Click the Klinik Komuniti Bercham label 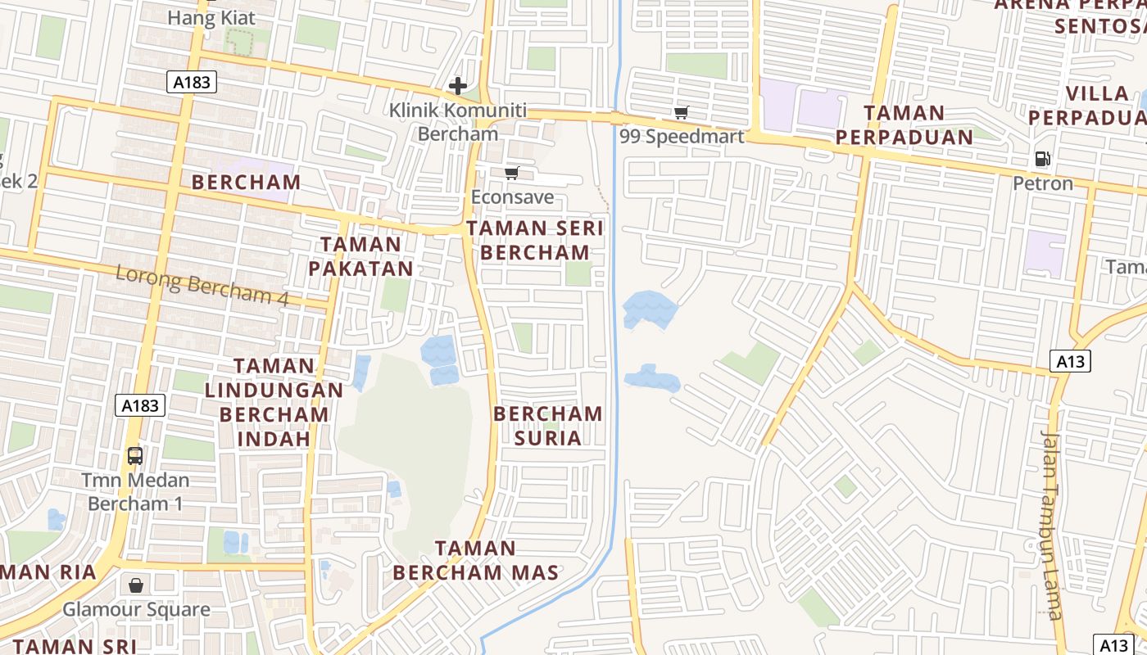coord(457,122)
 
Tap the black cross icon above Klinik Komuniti coord(457,85)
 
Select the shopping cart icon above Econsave coord(512,173)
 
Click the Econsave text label coord(512,197)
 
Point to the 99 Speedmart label coord(682,136)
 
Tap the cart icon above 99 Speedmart coord(681,112)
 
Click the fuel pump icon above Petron coord(1042,159)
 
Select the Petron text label coord(1042,183)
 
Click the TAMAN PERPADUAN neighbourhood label coord(904,124)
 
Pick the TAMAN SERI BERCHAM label coord(535,240)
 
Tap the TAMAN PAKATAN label coord(360,256)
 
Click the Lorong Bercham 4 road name coord(202,285)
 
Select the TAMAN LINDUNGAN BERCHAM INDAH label coord(274,402)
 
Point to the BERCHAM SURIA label coord(547,426)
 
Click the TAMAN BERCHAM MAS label coord(475,560)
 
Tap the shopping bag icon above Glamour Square coord(136,585)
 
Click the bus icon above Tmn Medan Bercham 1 coord(135,456)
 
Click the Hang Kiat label coord(211,17)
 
